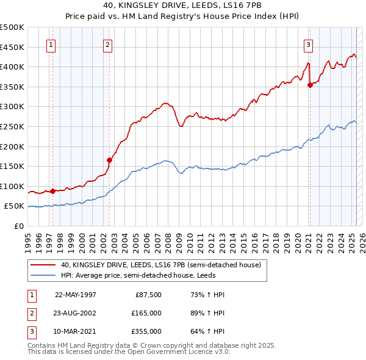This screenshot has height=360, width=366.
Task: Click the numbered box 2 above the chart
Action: pyautogui.click(x=107, y=45)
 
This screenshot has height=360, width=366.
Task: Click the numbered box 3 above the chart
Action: pyautogui.click(x=309, y=45)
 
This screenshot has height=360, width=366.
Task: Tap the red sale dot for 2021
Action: pyautogui.click(x=310, y=85)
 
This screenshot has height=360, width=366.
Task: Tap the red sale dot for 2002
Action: pyautogui.click(x=110, y=160)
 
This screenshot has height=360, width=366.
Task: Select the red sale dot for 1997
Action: pyautogui.click(x=53, y=191)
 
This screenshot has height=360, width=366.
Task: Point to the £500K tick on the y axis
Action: pyautogui.click(x=13, y=27)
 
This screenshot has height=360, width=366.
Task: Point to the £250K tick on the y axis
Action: pyautogui.click(x=13, y=126)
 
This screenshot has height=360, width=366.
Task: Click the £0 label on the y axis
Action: pyautogui.click(x=19, y=226)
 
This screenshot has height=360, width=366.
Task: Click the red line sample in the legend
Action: pyautogui.click(x=43, y=265)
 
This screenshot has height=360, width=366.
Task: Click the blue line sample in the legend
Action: pyautogui.click(x=43, y=275)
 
